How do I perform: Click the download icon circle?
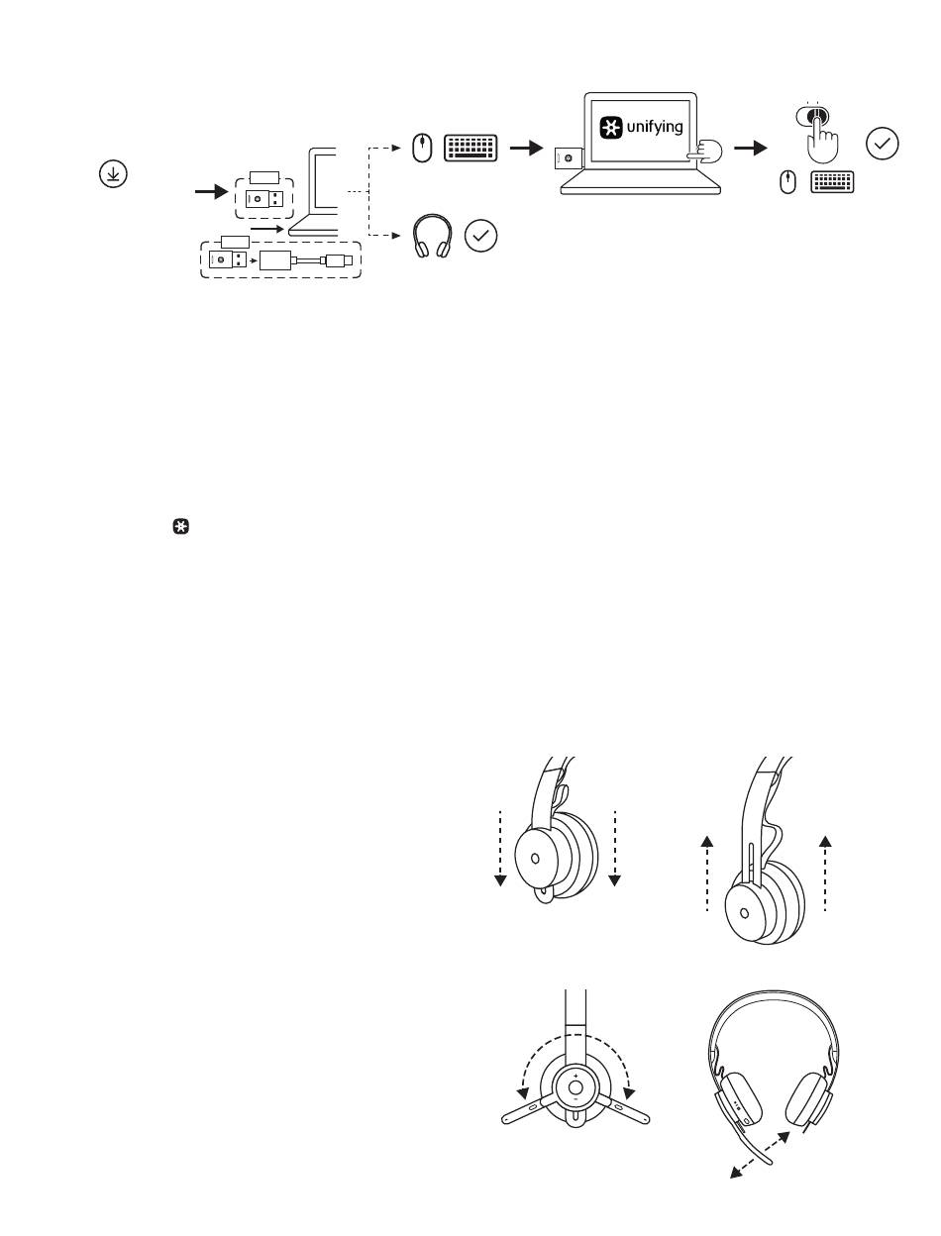113,173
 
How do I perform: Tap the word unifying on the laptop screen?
654,127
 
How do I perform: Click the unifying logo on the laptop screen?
610,127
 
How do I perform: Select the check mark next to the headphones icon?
480,236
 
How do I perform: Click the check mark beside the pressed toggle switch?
882,144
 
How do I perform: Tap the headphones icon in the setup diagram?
432,236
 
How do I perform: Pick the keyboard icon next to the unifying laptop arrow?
470,149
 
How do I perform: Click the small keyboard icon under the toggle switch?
832,182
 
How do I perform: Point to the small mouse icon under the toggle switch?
787,182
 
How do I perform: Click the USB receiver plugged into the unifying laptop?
568,158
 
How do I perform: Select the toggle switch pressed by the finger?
811,116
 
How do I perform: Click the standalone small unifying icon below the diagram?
180,527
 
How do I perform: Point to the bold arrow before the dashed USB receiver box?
211,191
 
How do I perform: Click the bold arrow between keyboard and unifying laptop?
526,149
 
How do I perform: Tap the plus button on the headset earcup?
575,1076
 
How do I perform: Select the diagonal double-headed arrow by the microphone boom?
760,1155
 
